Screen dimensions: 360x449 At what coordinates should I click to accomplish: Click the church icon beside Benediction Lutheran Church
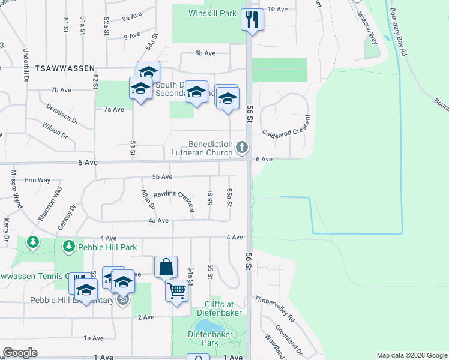241,147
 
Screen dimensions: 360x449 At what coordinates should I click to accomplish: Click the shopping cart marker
176,290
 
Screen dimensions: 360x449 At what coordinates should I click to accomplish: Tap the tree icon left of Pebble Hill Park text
69,246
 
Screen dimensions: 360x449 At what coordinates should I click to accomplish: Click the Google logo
20,353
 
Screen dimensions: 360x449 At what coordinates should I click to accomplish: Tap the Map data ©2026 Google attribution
411,355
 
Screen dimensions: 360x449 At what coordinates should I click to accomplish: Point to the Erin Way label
38,179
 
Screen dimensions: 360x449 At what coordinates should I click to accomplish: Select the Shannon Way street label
50,205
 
